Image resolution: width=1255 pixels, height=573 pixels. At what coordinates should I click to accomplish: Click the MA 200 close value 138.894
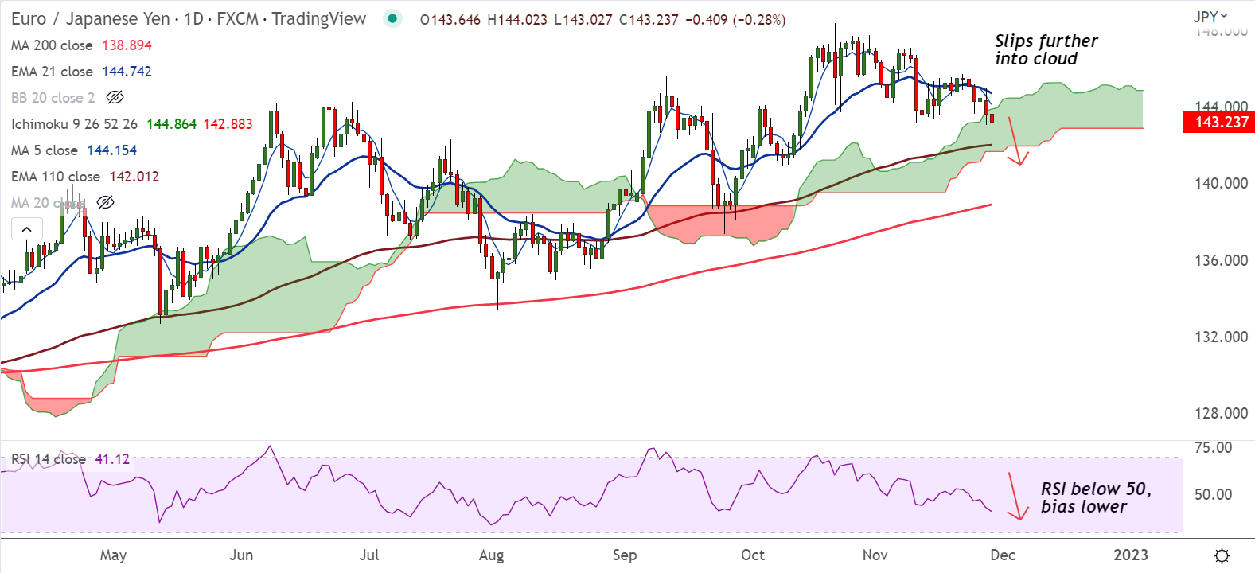(x=127, y=45)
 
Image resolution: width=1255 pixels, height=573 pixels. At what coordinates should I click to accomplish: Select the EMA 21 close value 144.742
(x=127, y=72)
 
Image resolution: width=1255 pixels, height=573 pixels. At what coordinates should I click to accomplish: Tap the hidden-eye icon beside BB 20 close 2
(x=115, y=98)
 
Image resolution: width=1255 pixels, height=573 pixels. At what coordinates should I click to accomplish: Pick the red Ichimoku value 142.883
(x=228, y=124)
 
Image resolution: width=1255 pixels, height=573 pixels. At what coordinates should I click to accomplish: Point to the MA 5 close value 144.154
(x=111, y=150)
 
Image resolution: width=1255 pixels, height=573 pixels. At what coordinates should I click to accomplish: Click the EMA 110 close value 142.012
(x=134, y=177)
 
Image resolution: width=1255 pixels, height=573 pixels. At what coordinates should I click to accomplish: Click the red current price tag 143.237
(x=1222, y=122)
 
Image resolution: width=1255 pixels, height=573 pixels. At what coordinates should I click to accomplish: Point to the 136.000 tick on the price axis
(x=1221, y=260)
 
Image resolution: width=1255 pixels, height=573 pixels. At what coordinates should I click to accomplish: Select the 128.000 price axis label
(x=1221, y=413)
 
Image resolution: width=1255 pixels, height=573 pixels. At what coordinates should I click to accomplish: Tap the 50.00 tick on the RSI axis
(x=1213, y=494)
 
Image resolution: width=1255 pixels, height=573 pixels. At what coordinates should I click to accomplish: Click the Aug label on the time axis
(x=491, y=555)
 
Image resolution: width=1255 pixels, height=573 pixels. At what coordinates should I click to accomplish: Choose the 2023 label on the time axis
(x=1130, y=555)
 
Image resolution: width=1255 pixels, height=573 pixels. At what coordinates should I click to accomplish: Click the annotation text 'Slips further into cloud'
(x=1045, y=50)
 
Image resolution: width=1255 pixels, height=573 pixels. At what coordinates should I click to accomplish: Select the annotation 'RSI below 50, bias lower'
(x=1095, y=497)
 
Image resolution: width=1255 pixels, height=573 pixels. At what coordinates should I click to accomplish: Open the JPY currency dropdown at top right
(x=1210, y=16)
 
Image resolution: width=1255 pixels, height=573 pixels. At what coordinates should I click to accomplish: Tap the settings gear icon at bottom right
(x=1222, y=555)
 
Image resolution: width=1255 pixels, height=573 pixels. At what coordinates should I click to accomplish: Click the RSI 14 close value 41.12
(x=112, y=459)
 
